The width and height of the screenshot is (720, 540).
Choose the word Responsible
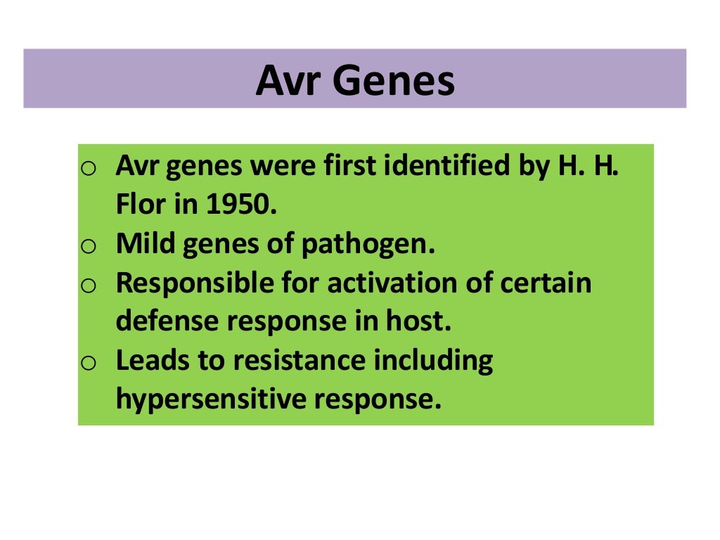(186, 283)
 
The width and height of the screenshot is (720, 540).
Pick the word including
(433, 361)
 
